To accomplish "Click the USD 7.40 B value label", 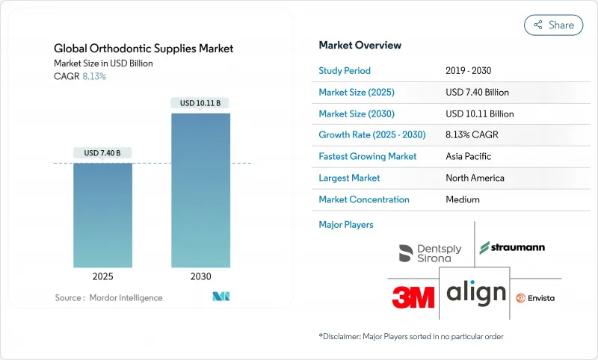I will (102, 153).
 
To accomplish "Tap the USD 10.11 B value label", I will (200, 102).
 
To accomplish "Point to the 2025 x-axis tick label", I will (102, 276).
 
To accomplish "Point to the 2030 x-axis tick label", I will (200, 276).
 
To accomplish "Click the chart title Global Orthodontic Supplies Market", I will (144, 49).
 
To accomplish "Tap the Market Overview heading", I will (360, 46).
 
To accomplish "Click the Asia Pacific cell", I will (469, 157).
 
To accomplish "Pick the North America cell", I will (474, 179).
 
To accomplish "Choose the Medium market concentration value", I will (463, 199).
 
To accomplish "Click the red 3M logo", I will (413, 297).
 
